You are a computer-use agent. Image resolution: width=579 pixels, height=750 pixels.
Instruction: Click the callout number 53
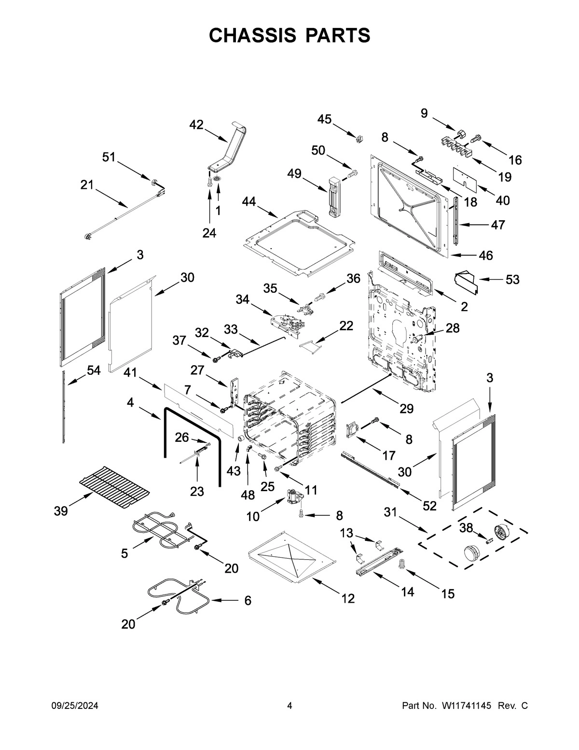click(x=512, y=279)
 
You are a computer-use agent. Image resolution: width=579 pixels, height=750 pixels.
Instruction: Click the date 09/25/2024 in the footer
click(x=75, y=706)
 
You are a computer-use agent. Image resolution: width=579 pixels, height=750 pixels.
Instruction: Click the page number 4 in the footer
click(x=289, y=706)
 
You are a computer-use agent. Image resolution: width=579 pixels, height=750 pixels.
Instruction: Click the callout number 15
click(x=448, y=594)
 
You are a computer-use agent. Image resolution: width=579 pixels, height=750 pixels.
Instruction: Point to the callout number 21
click(x=87, y=185)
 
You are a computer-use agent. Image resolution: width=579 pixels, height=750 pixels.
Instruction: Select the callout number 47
click(x=498, y=225)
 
